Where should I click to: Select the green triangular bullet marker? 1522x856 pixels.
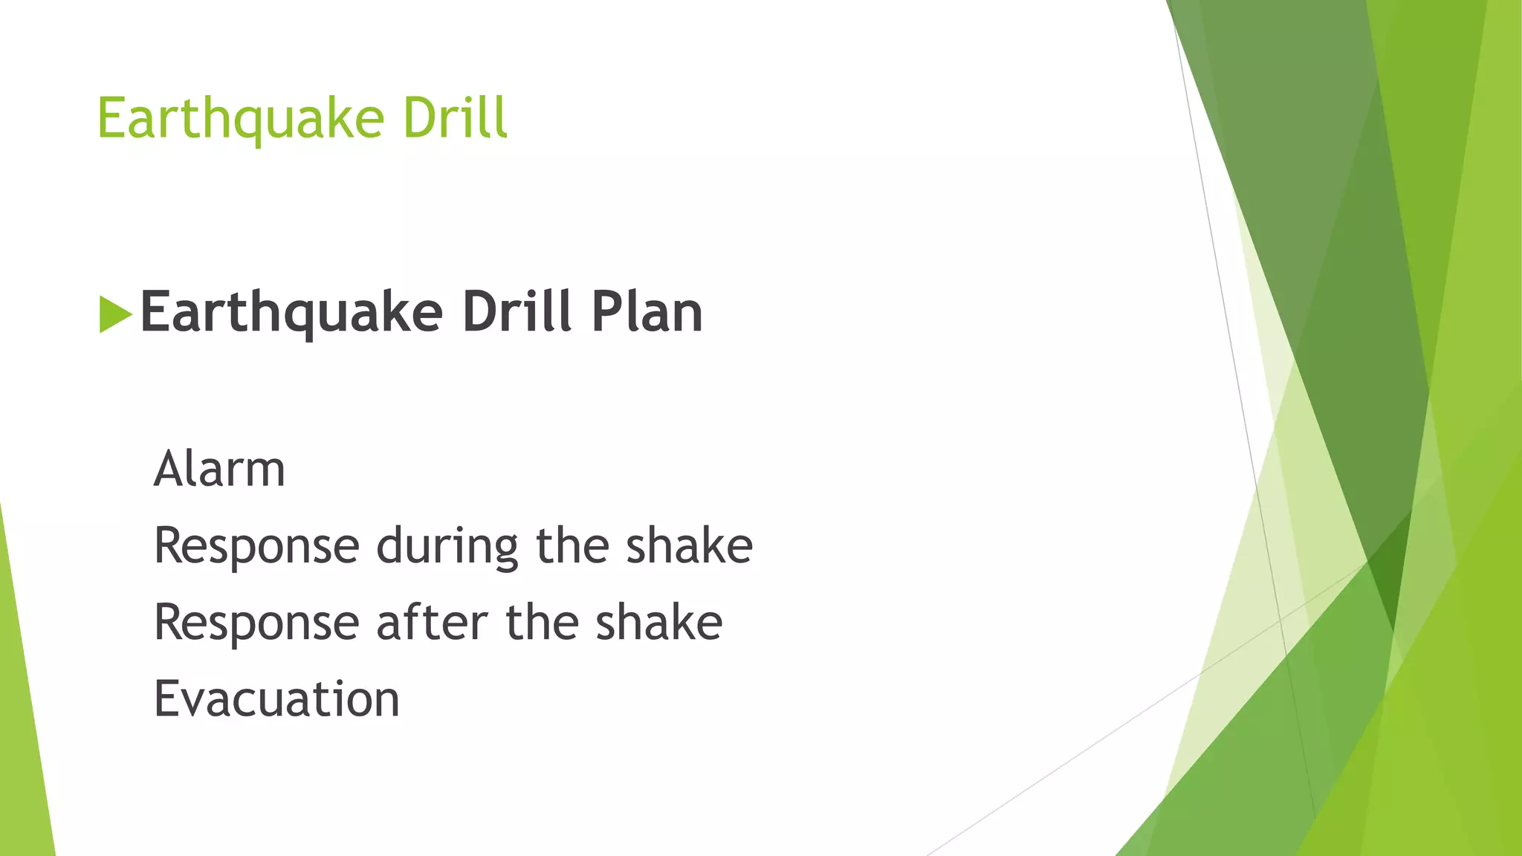(114, 314)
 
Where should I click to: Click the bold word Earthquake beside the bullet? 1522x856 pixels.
(291, 313)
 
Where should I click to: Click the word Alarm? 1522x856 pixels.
(219, 470)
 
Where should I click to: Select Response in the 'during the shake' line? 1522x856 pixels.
(256, 547)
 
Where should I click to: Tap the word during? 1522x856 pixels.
(447, 547)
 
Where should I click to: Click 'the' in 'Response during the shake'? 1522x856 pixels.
(572, 545)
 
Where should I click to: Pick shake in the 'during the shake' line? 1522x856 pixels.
(689, 545)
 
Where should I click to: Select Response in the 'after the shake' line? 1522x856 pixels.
(256, 623)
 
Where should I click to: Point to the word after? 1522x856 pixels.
(432, 622)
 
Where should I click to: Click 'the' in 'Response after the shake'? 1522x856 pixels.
(542, 622)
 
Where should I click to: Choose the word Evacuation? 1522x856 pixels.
(276, 699)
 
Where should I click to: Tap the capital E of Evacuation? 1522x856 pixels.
(166, 698)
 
